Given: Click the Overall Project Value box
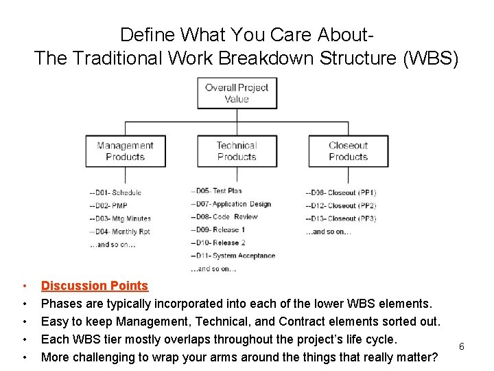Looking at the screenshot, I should [237, 93].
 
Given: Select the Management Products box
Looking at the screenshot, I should [125, 151].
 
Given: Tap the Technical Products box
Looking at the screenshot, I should [237, 151].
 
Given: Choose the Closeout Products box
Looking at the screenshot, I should [348, 151].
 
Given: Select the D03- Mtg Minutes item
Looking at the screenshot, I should [120, 218].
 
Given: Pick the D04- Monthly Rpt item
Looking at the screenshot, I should [120, 232].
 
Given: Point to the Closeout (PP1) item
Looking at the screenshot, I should [341, 193].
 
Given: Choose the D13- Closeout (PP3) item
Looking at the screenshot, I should [341, 218].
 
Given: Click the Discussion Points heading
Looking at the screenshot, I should [95, 286].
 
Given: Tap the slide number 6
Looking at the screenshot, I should [462, 346].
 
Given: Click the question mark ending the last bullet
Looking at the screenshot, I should [434, 357].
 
